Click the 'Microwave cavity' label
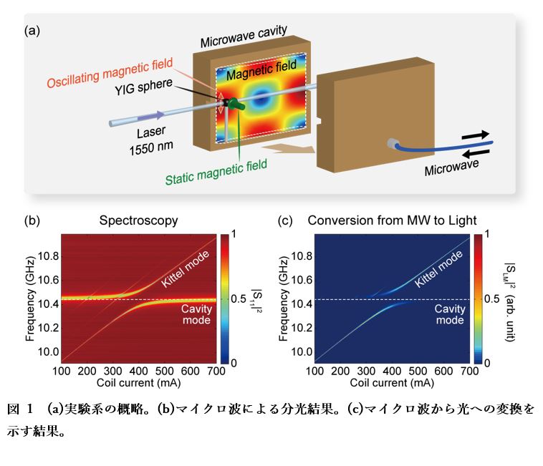(x=244, y=37)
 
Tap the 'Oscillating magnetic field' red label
(x=110, y=73)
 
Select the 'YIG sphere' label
(x=143, y=87)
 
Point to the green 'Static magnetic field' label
(x=216, y=173)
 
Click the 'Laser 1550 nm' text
(x=151, y=140)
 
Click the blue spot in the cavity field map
(x=261, y=99)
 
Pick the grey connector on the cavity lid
(x=393, y=143)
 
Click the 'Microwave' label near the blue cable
(x=451, y=168)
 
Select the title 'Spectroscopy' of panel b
(x=138, y=220)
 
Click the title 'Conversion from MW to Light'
(x=392, y=220)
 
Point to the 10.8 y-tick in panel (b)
(x=48, y=256)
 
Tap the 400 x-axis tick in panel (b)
(x=138, y=371)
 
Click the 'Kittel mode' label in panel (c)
(x=438, y=268)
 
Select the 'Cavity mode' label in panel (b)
(x=196, y=314)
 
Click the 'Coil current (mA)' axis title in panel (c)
(x=392, y=383)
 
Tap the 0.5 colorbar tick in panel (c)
(x=492, y=298)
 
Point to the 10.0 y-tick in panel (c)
(x=302, y=352)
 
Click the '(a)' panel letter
(x=32, y=31)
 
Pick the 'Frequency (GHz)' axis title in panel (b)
(x=31, y=299)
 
